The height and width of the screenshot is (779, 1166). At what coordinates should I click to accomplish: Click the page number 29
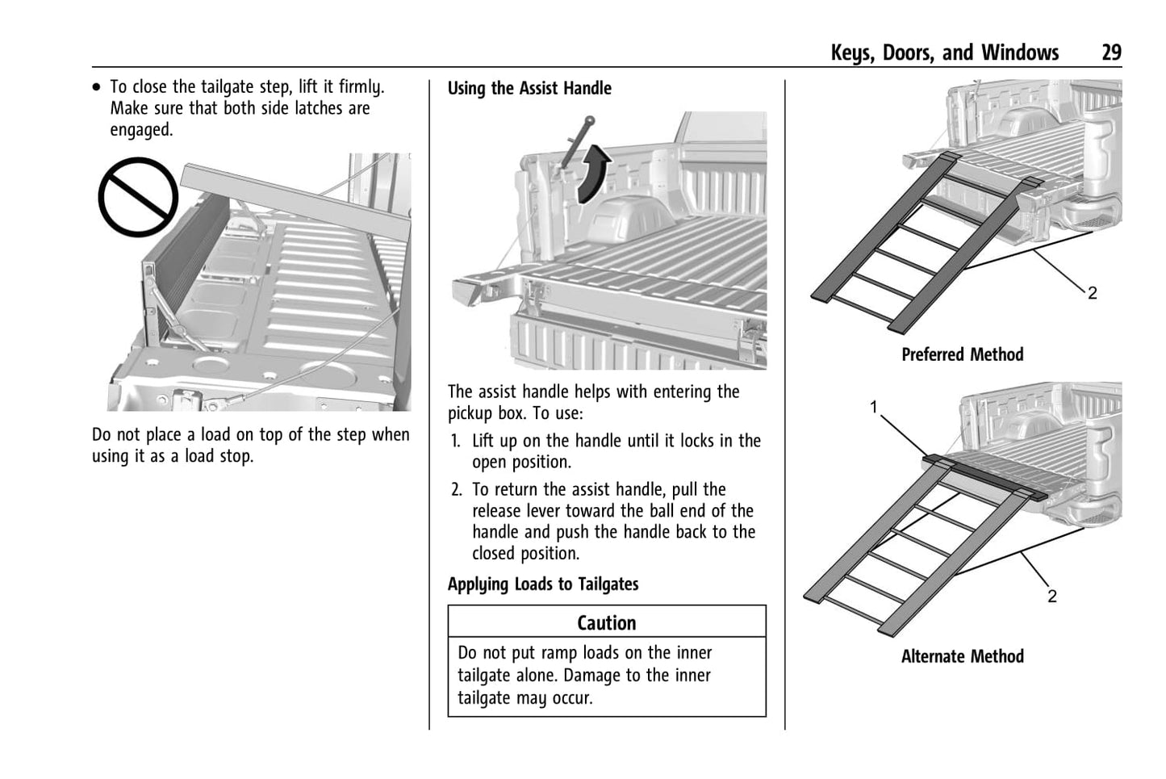point(1111,53)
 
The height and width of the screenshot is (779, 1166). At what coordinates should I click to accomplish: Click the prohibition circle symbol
point(138,196)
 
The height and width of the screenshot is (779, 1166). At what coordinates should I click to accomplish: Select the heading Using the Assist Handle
point(529,89)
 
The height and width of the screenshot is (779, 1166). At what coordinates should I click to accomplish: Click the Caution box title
point(606,622)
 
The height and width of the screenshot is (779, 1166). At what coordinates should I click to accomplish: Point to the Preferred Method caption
point(962,354)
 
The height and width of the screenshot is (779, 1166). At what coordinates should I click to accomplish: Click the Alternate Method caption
point(962,656)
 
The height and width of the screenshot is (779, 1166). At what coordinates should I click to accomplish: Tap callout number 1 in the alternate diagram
point(873,408)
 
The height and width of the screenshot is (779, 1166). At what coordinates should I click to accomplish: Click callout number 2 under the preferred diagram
point(1092,294)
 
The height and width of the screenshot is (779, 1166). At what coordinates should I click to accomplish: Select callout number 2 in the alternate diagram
point(1051,597)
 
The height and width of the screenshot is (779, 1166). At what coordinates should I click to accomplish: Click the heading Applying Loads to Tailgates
point(543,584)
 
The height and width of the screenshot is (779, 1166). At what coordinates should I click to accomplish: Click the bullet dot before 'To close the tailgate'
point(98,86)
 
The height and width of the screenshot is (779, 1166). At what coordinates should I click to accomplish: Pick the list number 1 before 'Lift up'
point(456,441)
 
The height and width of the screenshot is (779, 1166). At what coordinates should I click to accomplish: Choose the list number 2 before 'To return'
point(456,490)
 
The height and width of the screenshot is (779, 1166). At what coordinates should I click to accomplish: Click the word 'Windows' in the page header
point(1019,53)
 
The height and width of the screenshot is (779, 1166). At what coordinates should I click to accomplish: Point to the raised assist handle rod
point(571,149)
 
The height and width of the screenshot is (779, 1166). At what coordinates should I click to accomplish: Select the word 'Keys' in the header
point(851,53)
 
